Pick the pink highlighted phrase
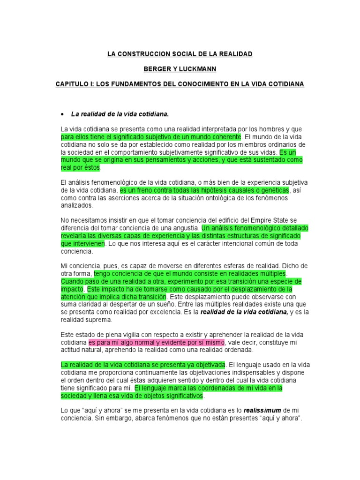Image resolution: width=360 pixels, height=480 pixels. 157,342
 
